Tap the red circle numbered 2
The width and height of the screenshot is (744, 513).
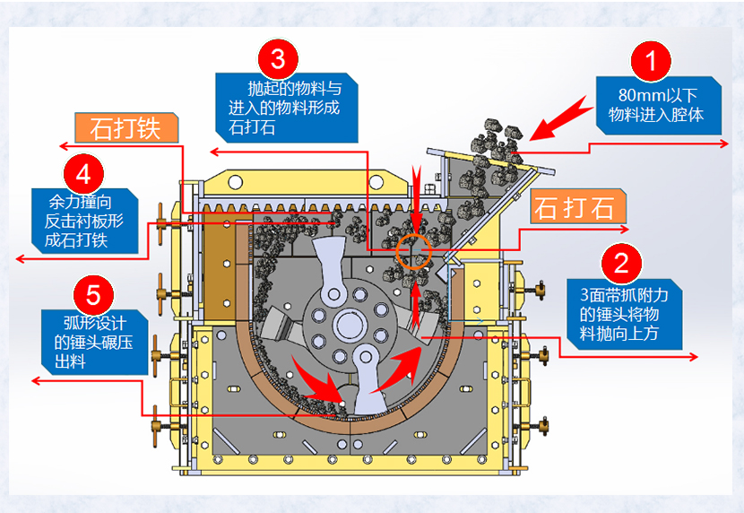tap(620, 263)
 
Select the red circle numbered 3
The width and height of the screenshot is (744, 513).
tap(278, 58)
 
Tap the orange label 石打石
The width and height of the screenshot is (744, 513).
tap(575, 207)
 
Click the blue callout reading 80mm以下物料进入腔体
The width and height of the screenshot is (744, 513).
tap(656, 105)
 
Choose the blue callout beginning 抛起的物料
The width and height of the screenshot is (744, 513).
tap(286, 109)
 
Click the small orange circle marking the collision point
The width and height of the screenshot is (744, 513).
tap(414, 253)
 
